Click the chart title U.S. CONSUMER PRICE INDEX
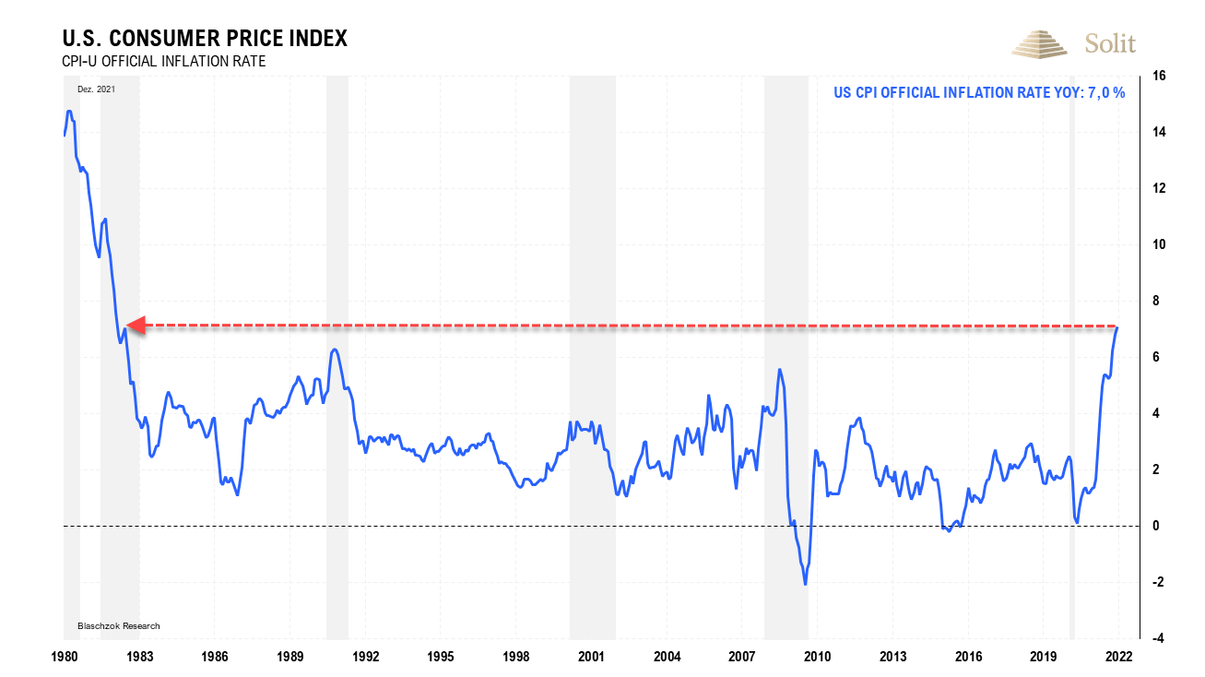tap(204, 39)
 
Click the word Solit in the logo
tap(1110, 43)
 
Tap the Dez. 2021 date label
tap(96, 89)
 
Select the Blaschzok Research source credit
tap(118, 626)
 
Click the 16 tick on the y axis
tap(1156, 76)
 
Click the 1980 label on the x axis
tap(64, 657)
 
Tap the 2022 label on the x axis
tap(1118, 657)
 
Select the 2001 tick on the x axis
tap(591, 657)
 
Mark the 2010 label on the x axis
tap(817, 657)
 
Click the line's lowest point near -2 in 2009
tap(806, 584)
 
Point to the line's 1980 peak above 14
tap(69, 112)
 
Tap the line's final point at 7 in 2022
tap(1117, 327)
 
